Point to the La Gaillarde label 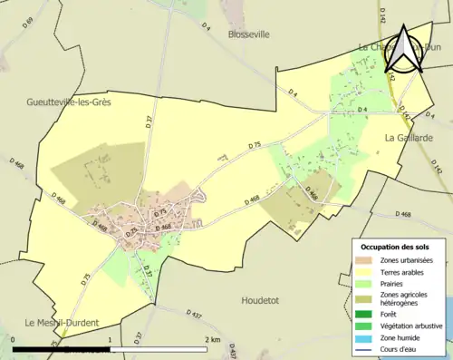(408, 138)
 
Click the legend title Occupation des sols (401, 247)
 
